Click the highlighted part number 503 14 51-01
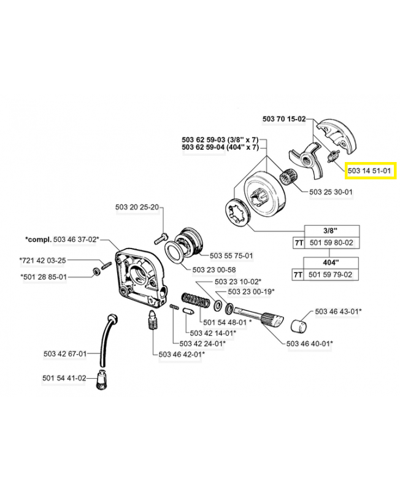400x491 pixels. (369, 171)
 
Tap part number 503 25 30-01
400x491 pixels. (331, 192)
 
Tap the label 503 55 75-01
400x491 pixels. (231, 255)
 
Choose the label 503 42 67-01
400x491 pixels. (65, 354)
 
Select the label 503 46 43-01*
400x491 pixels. (338, 311)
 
